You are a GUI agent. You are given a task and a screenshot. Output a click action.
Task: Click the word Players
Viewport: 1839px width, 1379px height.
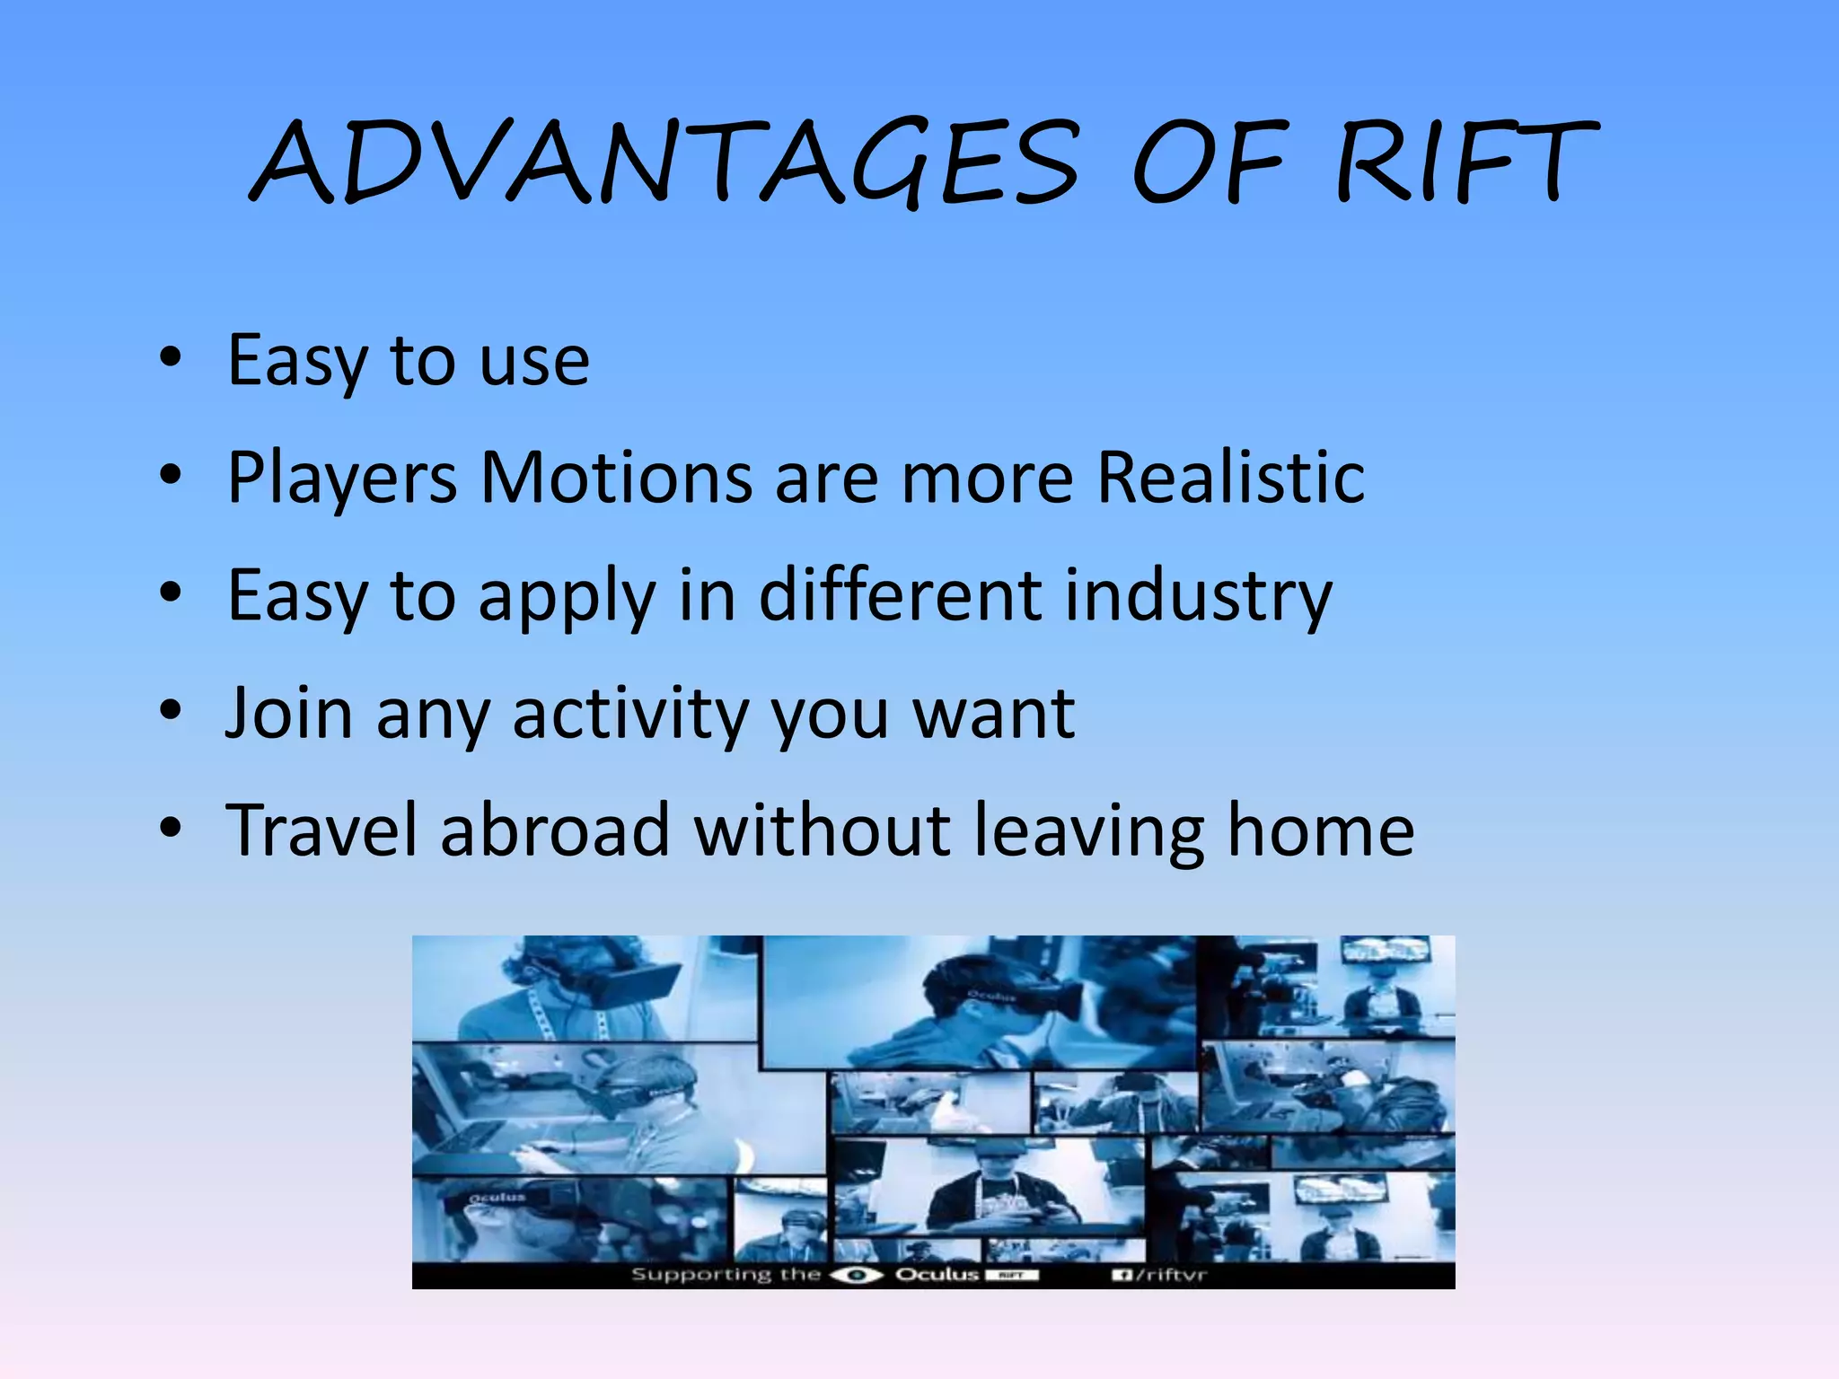(342, 479)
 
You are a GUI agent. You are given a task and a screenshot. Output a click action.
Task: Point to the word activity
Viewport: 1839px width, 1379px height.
(629, 715)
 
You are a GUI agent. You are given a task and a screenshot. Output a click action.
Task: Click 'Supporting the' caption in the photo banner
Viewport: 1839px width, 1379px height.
(726, 1275)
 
